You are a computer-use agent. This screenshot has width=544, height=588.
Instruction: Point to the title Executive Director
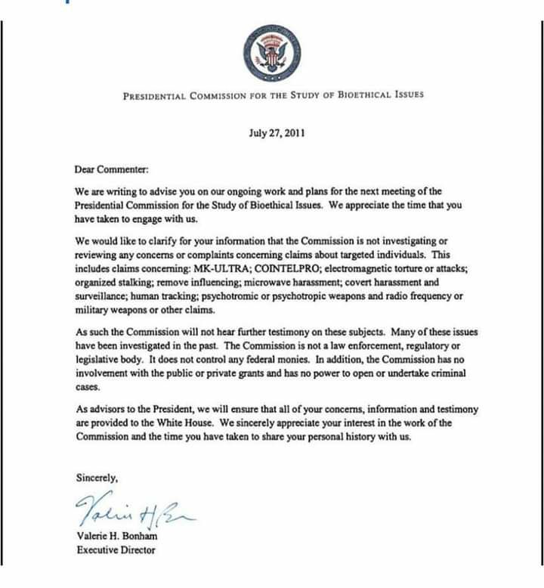coord(116,549)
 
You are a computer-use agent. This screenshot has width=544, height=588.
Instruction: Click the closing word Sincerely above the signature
coord(97,478)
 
